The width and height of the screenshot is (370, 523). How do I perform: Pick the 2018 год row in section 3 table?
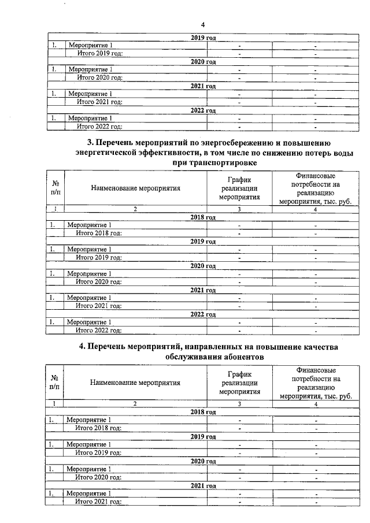point(203,217)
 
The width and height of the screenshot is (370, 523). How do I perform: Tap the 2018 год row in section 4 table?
point(203,412)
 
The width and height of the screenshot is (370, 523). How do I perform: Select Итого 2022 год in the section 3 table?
point(99,331)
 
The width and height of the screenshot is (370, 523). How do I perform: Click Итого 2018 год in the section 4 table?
point(98,428)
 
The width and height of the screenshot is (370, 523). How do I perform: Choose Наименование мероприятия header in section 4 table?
point(135,382)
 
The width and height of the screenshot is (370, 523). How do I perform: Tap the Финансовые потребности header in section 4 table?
point(315,382)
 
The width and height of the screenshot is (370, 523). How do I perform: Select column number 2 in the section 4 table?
point(135,404)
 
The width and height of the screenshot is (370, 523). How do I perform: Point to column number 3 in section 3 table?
point(238,209)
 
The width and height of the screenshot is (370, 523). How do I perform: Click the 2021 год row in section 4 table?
point(203,485)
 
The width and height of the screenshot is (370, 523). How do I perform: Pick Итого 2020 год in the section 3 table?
point(99,281)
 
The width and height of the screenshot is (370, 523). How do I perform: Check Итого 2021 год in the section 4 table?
point(98,502)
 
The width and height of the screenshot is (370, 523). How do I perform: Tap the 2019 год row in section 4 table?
point(203,436)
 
